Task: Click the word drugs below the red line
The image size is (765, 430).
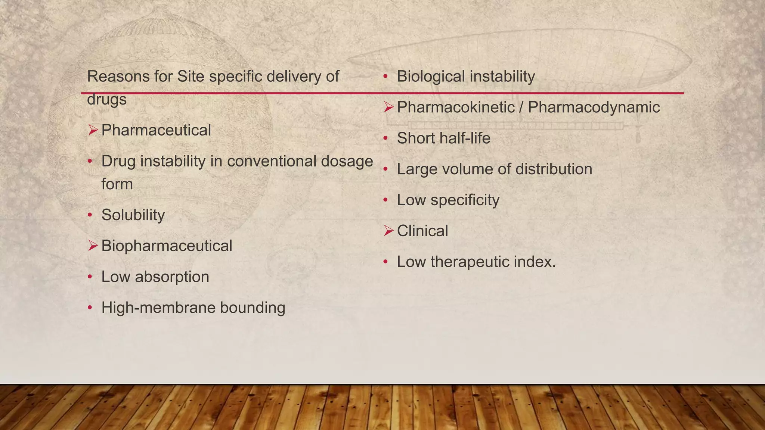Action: [107, 100]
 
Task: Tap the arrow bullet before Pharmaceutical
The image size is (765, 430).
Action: [93, 130]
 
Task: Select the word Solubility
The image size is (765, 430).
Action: [133, 215]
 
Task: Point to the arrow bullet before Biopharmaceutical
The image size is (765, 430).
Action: [93, 246]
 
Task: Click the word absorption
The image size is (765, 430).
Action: [172, 277]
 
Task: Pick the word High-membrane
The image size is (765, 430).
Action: [158, 308]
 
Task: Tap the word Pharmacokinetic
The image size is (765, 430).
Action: [456, 107]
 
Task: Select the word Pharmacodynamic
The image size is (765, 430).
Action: [594, 107]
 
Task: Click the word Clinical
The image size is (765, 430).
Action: [422, 231]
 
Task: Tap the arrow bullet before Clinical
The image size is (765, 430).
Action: [388, 231]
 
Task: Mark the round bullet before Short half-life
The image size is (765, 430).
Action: [386, 138]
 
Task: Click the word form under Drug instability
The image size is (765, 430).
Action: [117, 184]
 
